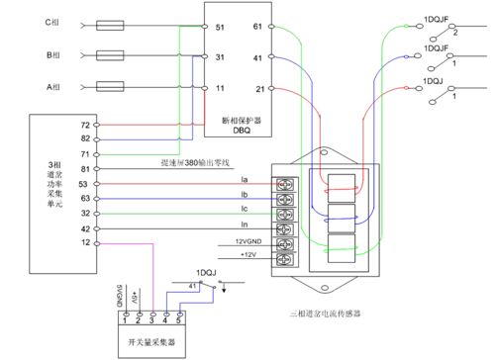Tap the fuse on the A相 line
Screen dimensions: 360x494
click(107, 88)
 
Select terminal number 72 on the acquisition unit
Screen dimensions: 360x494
click(84, 126)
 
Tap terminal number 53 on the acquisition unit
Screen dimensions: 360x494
click(84, 183)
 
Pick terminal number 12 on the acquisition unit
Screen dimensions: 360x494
click(84, 241)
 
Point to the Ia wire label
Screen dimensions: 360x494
click(245, 179)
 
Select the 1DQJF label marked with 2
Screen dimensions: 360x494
click(439, 20)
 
